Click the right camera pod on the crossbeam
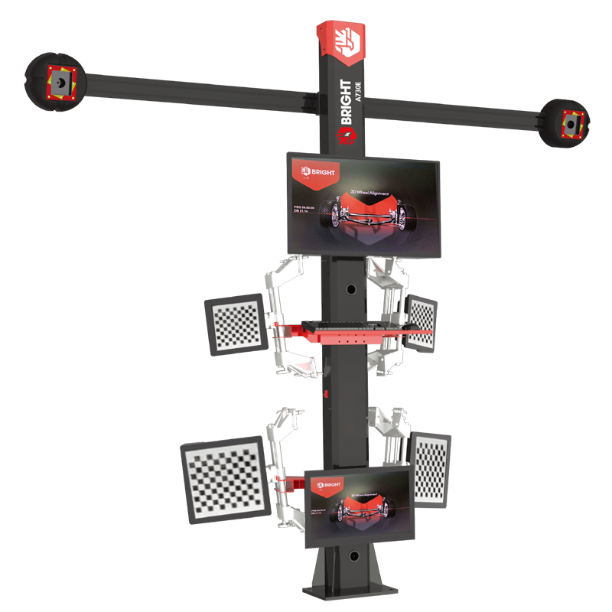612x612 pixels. [x=567, y=122]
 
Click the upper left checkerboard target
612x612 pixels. [x=237, y=325]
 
